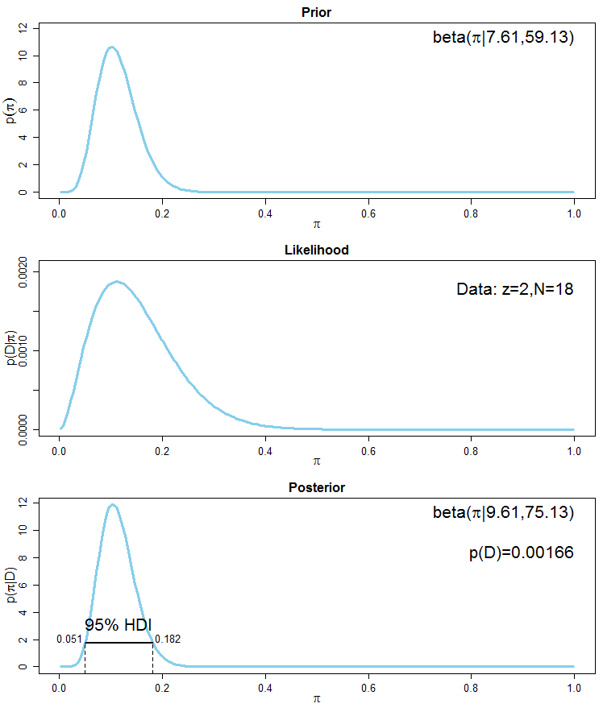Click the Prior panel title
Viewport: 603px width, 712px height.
(316, 13)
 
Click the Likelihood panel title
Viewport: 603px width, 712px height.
(316, 250)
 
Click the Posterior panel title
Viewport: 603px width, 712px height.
(316, 488)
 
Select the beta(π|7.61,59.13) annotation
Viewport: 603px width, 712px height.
(503, 37)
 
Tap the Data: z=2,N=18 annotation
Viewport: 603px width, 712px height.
(515, 288)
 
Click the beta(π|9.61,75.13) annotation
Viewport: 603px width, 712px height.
(503, 512)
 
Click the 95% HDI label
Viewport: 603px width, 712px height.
(119, 625)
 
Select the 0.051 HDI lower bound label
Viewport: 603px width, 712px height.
(69, 640)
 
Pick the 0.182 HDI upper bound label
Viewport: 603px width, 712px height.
(168, 640)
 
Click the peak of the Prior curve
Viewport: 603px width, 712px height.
(112, 48)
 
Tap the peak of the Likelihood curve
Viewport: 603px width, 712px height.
(117, 282)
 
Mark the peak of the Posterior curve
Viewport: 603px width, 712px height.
(113, 505)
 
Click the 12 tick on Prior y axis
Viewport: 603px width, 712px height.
(23, 27)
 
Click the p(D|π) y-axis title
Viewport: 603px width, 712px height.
(12, 349)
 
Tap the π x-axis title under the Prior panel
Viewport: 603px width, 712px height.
(316, 224)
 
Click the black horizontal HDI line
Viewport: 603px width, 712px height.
(119, 643)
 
